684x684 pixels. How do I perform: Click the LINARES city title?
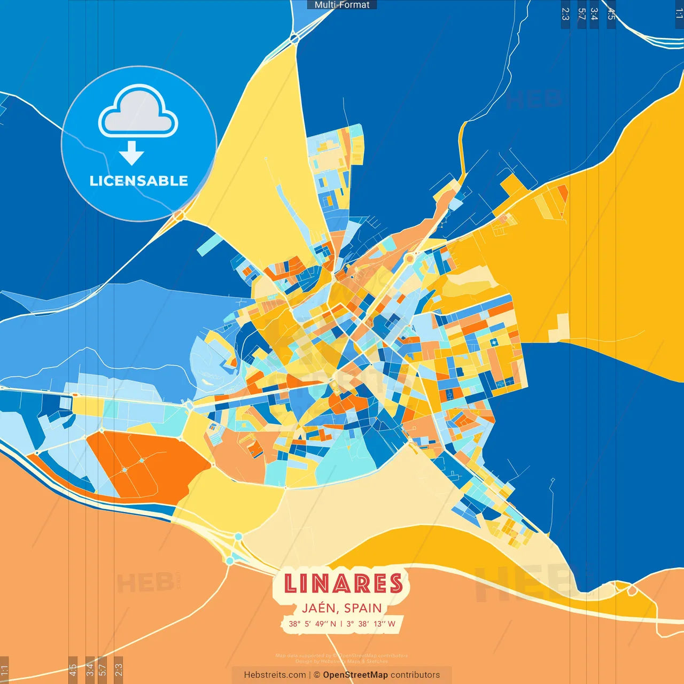343,583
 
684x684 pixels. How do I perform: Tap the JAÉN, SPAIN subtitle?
342,608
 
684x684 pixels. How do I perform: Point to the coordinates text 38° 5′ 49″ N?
312,624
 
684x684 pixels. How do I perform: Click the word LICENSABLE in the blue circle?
139,181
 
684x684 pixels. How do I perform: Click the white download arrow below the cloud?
131,153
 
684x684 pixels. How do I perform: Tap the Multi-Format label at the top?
342,5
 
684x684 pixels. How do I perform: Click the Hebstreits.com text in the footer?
275,675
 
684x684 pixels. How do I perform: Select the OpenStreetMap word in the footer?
355,675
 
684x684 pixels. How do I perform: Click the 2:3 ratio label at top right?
565,14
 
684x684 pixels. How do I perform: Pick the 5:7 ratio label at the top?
581,14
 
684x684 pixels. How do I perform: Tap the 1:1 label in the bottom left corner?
4,670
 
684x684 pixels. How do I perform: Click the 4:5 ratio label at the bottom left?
73,670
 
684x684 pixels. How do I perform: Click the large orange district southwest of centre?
144,462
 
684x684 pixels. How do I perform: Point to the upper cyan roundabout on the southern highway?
238,537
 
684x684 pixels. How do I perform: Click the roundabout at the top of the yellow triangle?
294,38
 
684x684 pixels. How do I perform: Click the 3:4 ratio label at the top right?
594,14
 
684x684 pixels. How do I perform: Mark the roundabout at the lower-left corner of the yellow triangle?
178,215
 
